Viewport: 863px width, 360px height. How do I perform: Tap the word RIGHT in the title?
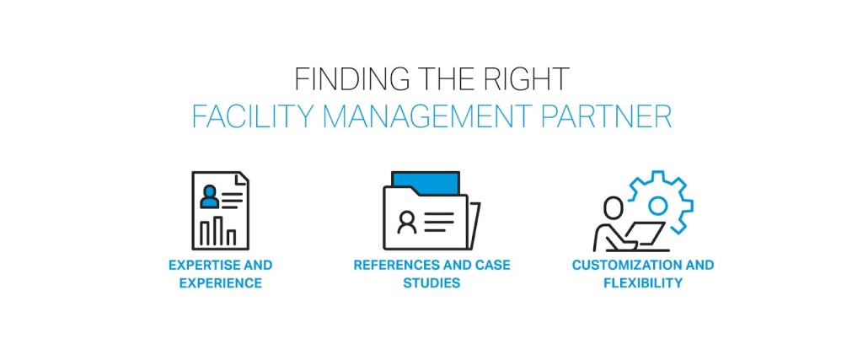coord(529,79)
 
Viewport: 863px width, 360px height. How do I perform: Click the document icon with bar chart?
coord(220,210)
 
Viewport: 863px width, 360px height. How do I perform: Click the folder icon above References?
coord(431,211)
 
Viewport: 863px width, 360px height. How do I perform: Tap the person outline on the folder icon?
coord(407,222)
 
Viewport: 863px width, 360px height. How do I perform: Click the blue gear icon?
coord(657,203)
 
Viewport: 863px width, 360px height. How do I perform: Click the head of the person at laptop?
coord(613,206)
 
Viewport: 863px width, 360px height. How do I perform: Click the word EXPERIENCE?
coord(220,283)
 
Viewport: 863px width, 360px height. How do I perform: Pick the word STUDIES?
coord(431,283)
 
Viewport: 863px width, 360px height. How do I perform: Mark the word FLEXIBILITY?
coord(642,283)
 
